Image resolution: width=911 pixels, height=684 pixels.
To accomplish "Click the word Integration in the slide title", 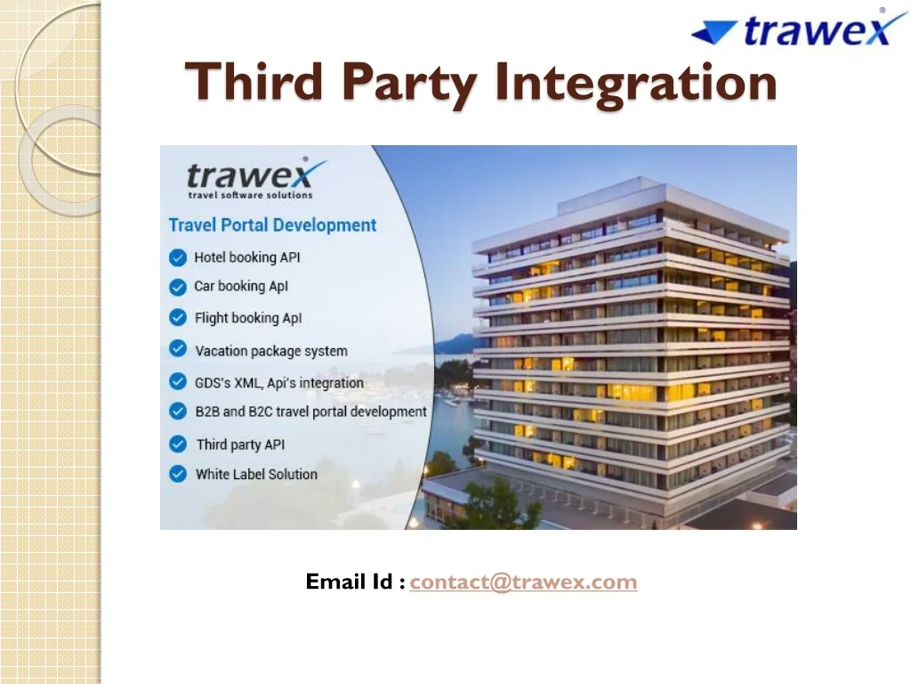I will click(636, 82).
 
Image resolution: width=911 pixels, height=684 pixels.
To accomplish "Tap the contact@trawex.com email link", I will click(523, 582).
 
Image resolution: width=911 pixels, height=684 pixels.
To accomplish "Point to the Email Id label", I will click(355, 582).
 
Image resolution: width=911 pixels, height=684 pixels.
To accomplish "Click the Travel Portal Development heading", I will click(272, 225).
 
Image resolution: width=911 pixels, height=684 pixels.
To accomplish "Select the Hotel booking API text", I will click(246, 257).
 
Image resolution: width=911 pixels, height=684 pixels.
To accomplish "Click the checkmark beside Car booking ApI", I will click(178, 287).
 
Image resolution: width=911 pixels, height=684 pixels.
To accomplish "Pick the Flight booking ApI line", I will click(248, 318).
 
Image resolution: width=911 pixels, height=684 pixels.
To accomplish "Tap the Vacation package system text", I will click(270, 351).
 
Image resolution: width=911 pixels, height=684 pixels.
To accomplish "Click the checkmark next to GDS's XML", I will click(178, 382).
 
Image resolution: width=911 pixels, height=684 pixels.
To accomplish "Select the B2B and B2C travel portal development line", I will click(310, 411).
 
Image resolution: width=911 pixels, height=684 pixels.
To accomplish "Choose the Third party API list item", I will click(240, 444).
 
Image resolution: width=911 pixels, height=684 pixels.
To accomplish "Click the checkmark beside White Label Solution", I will click(178, 474).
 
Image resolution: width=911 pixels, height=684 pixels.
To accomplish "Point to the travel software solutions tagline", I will click(250, 195).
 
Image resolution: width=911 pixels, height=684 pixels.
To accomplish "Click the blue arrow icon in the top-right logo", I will click(714, 33).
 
